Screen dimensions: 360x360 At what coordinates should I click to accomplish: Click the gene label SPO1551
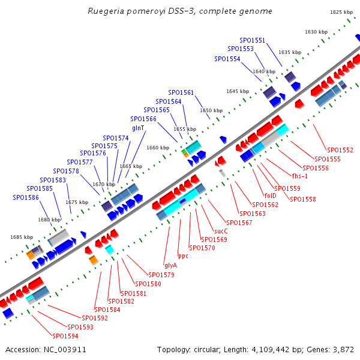tap(253, 40)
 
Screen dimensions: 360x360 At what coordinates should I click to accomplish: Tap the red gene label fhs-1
tap(300, 176)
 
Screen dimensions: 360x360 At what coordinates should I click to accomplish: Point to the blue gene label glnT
tap(138, 128)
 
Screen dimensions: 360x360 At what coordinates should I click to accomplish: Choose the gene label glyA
tap(170, 265)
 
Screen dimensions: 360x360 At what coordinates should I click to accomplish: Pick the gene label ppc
tap(183, 256)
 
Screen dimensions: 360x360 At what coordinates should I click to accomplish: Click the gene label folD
tap(270, 196)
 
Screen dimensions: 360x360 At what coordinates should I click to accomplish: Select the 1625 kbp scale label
tap(341, 12)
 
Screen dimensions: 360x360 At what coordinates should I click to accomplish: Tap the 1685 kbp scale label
tap(22, 237)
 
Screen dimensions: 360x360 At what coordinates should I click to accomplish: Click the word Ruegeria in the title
tap(106, 11)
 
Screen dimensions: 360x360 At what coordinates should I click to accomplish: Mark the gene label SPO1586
tap(26, 197)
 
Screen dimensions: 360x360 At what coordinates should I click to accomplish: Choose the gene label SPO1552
tap(340, 150)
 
